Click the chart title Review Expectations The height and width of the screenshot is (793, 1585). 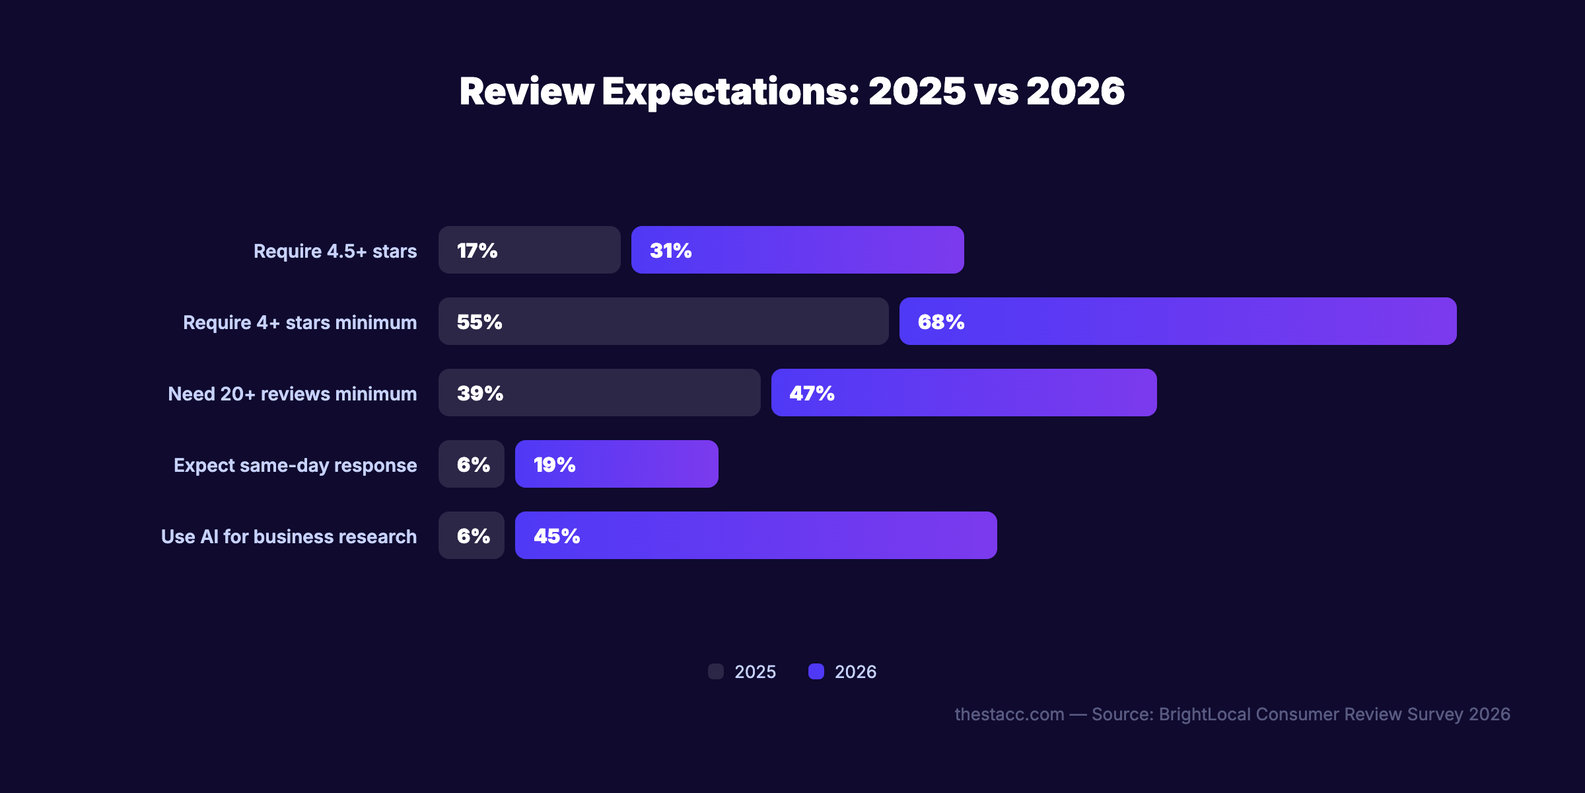click(x=791, y=91)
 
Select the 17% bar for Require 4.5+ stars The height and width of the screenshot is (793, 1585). click(x=529, y=250)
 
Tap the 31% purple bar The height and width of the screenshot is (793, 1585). click(x=797, y=250)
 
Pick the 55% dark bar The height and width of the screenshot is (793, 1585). click(x=663, y=321)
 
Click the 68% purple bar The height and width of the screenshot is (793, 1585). click(x=1178, y=321)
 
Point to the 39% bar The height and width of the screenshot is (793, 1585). click(x=599, y=393)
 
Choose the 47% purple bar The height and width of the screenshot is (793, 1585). click(x=964, y=393)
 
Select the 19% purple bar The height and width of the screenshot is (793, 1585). click(x=616, y=464)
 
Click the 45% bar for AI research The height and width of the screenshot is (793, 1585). click(x=756, y=535)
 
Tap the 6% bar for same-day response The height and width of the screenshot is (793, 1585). click(x=472, y=464)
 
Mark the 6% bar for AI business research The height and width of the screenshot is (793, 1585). click(x=472, y=535)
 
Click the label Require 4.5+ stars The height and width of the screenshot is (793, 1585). click(x=335, y=251)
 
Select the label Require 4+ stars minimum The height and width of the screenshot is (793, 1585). click(x=300, y=322)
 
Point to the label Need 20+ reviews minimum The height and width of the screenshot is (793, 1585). click(x=293, y=394)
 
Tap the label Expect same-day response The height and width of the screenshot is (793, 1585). click(x=295, y=465)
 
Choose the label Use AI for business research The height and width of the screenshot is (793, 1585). click(x=289, y=537)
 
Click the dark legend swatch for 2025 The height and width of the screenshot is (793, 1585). click(x=716, y=671)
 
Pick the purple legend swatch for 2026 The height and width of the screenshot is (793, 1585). click(x=816, y=671)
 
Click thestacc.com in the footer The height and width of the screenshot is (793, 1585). click(x=1009, y=714)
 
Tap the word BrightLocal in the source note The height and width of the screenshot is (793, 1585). click(x=1205, y=714)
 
